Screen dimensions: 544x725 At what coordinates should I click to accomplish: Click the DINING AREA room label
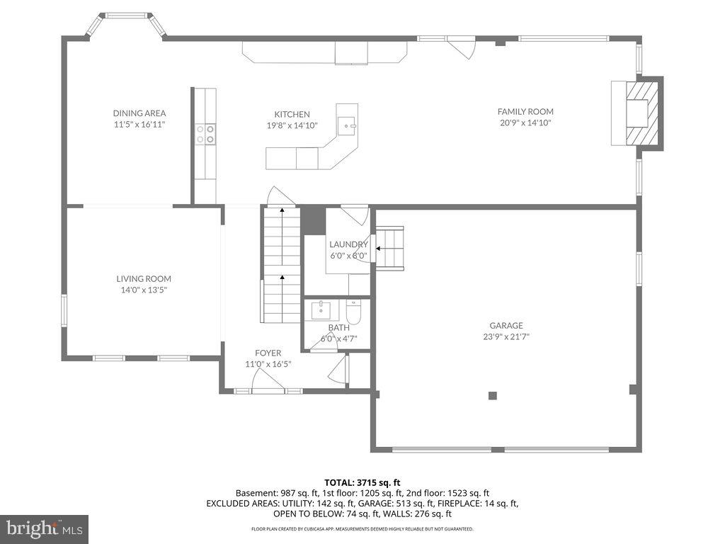[139, 113]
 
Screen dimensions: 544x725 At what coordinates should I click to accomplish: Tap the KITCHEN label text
[292, 114]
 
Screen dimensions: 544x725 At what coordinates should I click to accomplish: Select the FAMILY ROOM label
[525, 111]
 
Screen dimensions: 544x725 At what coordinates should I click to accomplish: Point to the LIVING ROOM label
[144, 279]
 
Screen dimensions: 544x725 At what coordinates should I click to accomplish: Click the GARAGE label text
[506, 326]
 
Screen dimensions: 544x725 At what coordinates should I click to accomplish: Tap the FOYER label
[268, 353]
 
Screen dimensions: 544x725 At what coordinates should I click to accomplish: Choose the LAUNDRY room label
[348, 245]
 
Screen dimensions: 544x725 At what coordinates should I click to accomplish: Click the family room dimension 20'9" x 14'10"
[525, 123]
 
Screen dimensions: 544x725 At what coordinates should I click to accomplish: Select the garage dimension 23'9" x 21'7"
[506, 337]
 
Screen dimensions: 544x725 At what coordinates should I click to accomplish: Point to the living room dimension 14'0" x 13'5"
[144, 290]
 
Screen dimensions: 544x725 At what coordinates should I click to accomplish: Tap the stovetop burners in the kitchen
[205, 134]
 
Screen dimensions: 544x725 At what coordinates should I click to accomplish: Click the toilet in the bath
[354, 311]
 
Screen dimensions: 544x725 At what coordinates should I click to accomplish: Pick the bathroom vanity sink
[322, 310]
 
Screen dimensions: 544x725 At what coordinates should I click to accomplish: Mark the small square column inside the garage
[493, 395]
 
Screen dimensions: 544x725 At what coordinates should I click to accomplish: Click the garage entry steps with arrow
[389, 248]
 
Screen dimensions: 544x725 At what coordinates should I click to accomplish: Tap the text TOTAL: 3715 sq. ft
[362, 482]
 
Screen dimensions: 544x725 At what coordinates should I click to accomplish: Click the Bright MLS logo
[44, 528]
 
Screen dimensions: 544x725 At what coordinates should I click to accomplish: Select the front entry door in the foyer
[268, 389]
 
